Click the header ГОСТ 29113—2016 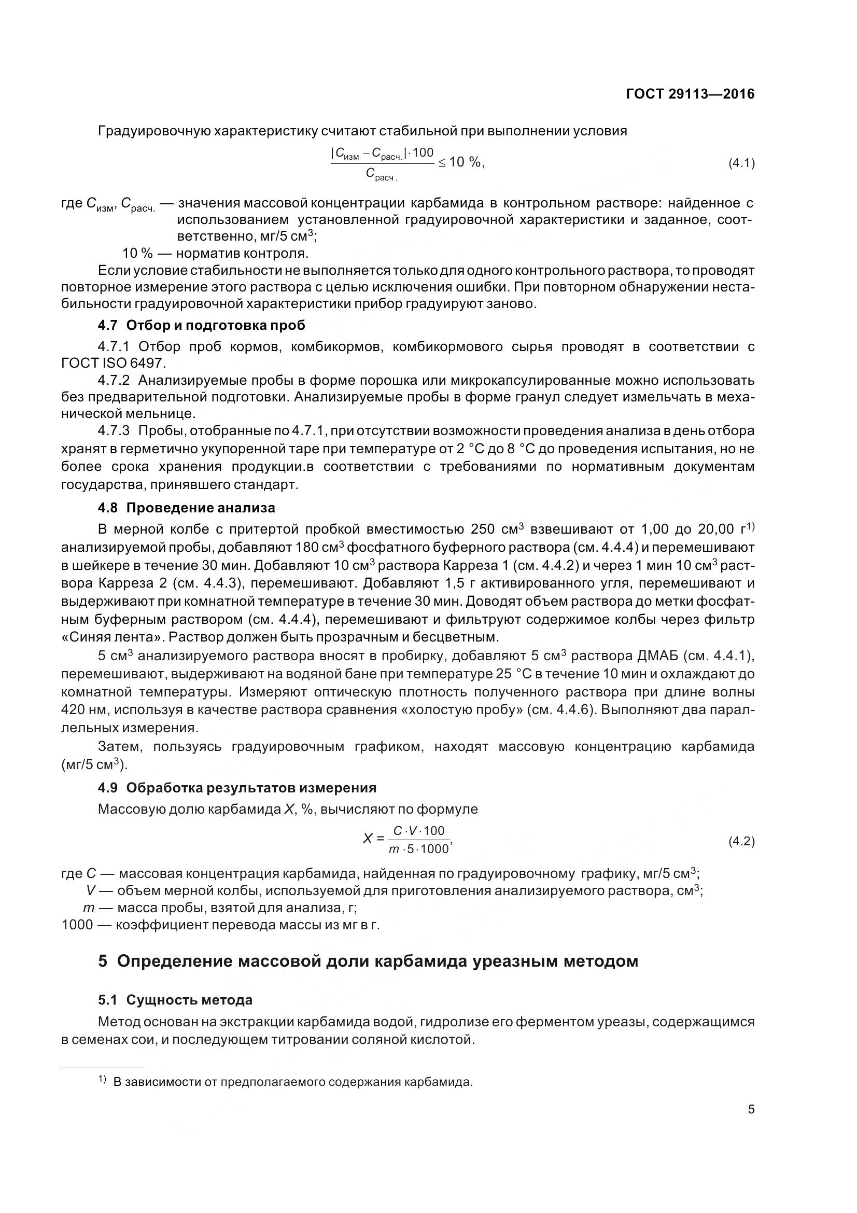690,94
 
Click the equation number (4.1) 741,163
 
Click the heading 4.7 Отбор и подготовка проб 201,325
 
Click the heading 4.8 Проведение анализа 187,508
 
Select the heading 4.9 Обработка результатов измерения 237,788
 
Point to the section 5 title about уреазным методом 368,961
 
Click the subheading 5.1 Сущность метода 175,1000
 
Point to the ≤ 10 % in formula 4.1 459,162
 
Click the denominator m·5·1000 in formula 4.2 418,849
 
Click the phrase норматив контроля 242,253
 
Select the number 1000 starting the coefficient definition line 78,925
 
